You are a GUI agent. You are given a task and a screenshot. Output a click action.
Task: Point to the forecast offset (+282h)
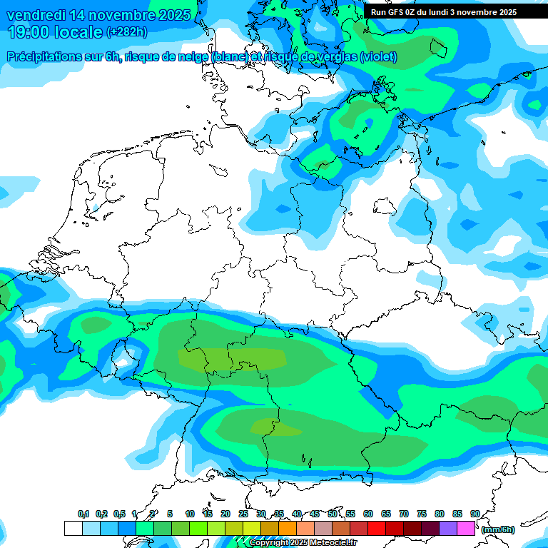pos(126,32)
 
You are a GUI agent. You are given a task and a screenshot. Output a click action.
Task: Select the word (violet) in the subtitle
pos(379,57)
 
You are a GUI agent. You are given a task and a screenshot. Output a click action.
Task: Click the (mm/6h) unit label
pos(497,529)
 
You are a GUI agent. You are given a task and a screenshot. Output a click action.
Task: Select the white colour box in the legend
pos(73,529)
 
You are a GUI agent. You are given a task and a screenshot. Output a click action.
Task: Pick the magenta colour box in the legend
pos(466,529)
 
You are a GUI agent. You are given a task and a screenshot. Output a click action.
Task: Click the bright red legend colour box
pos(377,529)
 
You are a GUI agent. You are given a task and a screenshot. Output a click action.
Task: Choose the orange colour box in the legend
pos(288,529)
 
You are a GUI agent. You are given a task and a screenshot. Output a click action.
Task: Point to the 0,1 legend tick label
pos(83,514)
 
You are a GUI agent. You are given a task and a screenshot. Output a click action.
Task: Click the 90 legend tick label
pos(475,514)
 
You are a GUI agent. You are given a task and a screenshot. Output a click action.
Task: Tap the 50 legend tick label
pos(333,514)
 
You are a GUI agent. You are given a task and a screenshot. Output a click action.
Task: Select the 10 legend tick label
pos(190,514)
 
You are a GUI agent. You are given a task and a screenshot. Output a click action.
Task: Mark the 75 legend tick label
pos(422,514)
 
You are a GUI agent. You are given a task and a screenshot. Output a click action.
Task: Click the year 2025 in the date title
pos(174,15)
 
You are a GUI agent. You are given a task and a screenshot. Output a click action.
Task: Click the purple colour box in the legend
pos(448,529)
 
